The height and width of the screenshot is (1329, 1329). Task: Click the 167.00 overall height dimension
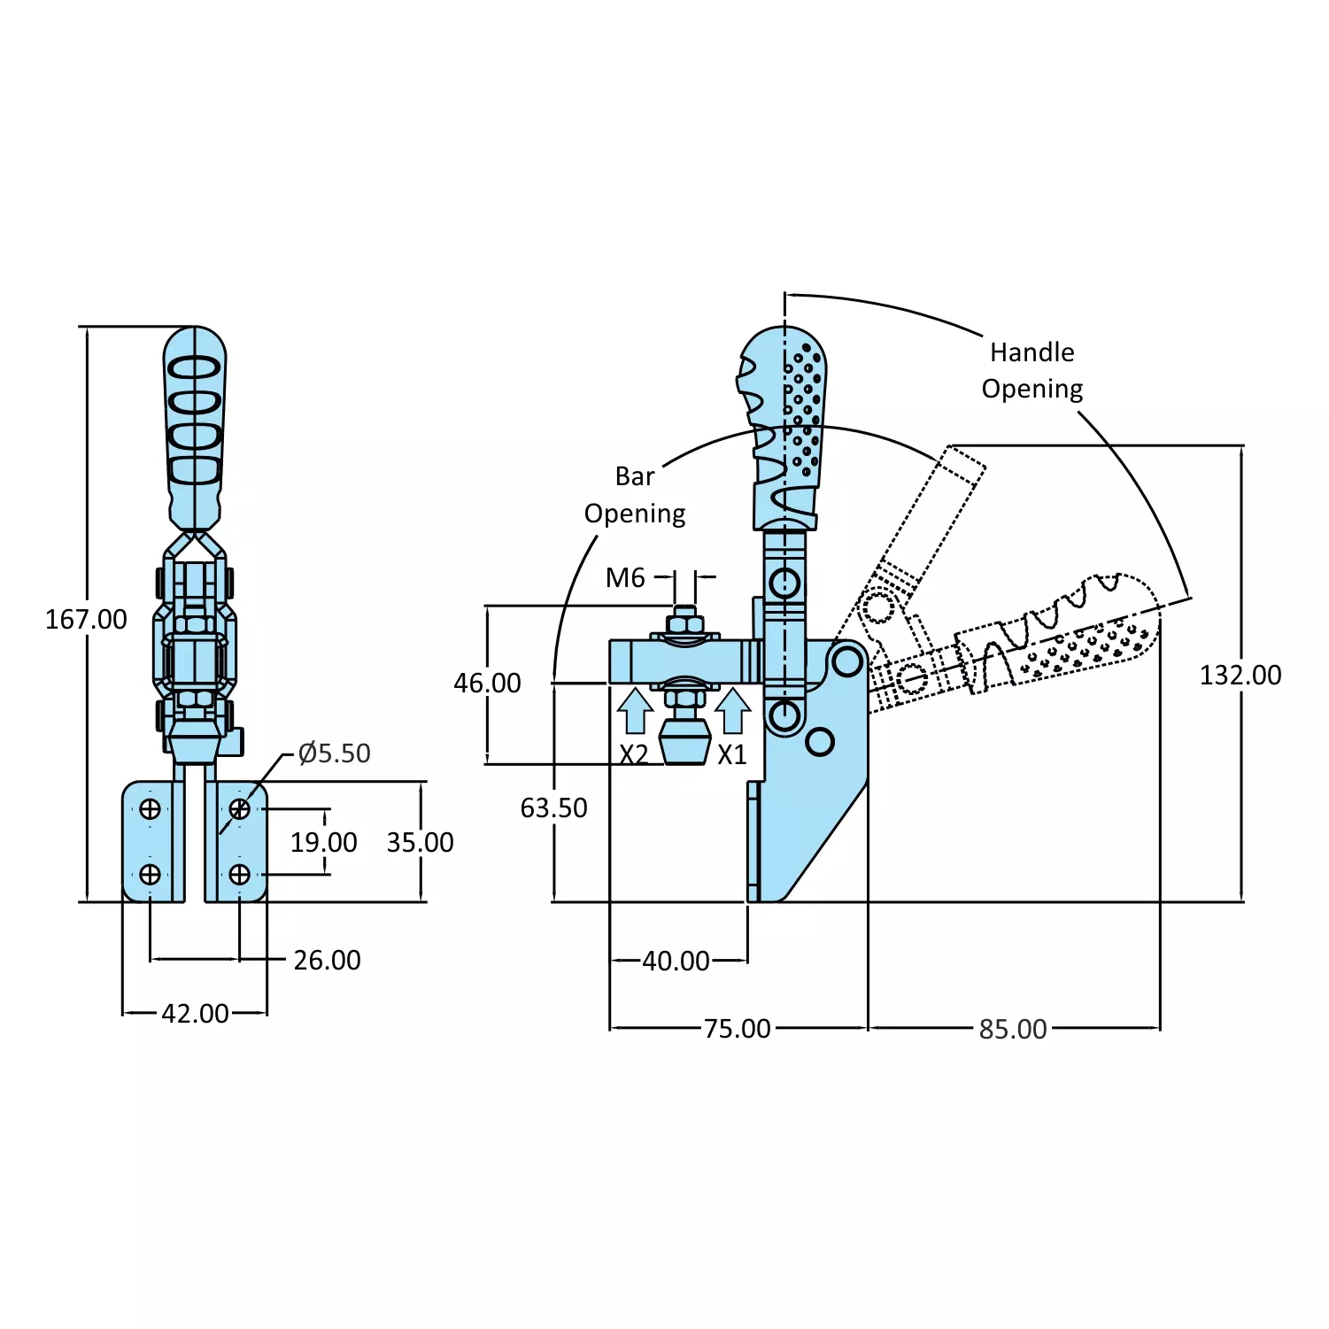86,619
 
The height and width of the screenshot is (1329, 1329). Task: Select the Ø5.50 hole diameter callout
334,753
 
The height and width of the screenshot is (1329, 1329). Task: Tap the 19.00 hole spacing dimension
323,842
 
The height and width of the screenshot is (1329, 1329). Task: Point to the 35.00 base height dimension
420,842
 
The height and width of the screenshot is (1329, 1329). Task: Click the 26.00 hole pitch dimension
327,960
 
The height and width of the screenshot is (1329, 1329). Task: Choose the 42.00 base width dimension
195,1013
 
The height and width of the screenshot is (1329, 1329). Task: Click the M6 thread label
625,578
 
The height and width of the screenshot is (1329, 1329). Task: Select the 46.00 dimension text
487,683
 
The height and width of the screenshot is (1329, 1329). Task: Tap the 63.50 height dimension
553,807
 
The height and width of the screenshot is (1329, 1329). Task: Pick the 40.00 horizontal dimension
676,961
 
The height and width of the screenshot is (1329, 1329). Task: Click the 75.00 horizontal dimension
737,1029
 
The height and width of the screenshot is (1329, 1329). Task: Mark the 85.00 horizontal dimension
1013,1029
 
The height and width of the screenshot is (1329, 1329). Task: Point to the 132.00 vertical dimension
1240,676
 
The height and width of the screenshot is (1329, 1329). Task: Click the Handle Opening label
1032,370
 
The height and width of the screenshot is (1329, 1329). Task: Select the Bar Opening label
635,495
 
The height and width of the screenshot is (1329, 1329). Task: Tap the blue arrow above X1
732,711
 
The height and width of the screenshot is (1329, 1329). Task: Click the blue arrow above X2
635,711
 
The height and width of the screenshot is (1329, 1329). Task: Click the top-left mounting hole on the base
151,808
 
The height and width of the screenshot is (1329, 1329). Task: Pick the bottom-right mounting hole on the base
239,875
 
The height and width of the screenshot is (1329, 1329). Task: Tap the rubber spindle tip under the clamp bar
685,742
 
